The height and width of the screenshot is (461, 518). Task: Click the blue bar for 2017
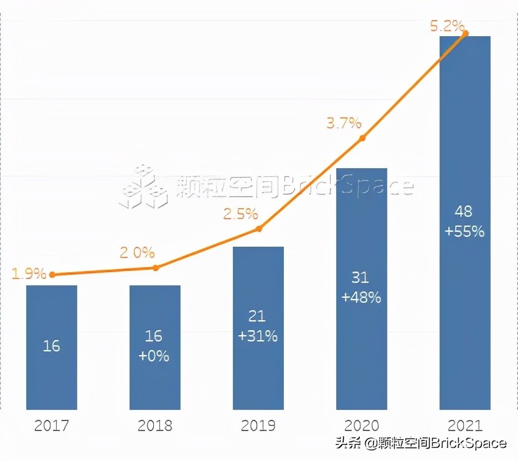coord(52,347)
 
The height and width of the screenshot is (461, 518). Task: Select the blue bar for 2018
coord(155,347)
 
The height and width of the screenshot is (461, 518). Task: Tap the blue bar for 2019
coord(258,328)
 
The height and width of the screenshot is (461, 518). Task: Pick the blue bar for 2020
coord(362,288)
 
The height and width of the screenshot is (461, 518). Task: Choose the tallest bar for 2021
coord(465,222)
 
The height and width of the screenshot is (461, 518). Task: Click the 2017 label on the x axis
coord(52,427)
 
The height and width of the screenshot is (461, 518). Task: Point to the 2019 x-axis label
coord(258,427)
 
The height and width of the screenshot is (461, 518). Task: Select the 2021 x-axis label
coord(465,427)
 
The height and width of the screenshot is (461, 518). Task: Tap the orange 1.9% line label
coord(29,273)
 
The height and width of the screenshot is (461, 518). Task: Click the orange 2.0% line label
coord(138,252)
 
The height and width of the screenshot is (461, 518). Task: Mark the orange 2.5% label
coord(241,214)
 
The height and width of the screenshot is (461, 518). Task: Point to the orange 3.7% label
coord(344,123)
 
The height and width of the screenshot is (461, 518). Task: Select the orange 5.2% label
coord(447,26)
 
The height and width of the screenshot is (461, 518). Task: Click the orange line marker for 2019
coord(259,229)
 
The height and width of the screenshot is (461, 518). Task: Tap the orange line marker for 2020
coord(362,138)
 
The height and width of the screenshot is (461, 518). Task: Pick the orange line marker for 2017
coord(52,274)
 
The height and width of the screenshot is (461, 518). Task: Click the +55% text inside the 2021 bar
coord(465,231)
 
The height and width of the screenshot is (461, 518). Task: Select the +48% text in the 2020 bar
coord(362,297)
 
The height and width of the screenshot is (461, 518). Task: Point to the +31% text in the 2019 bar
coord(258,336)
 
